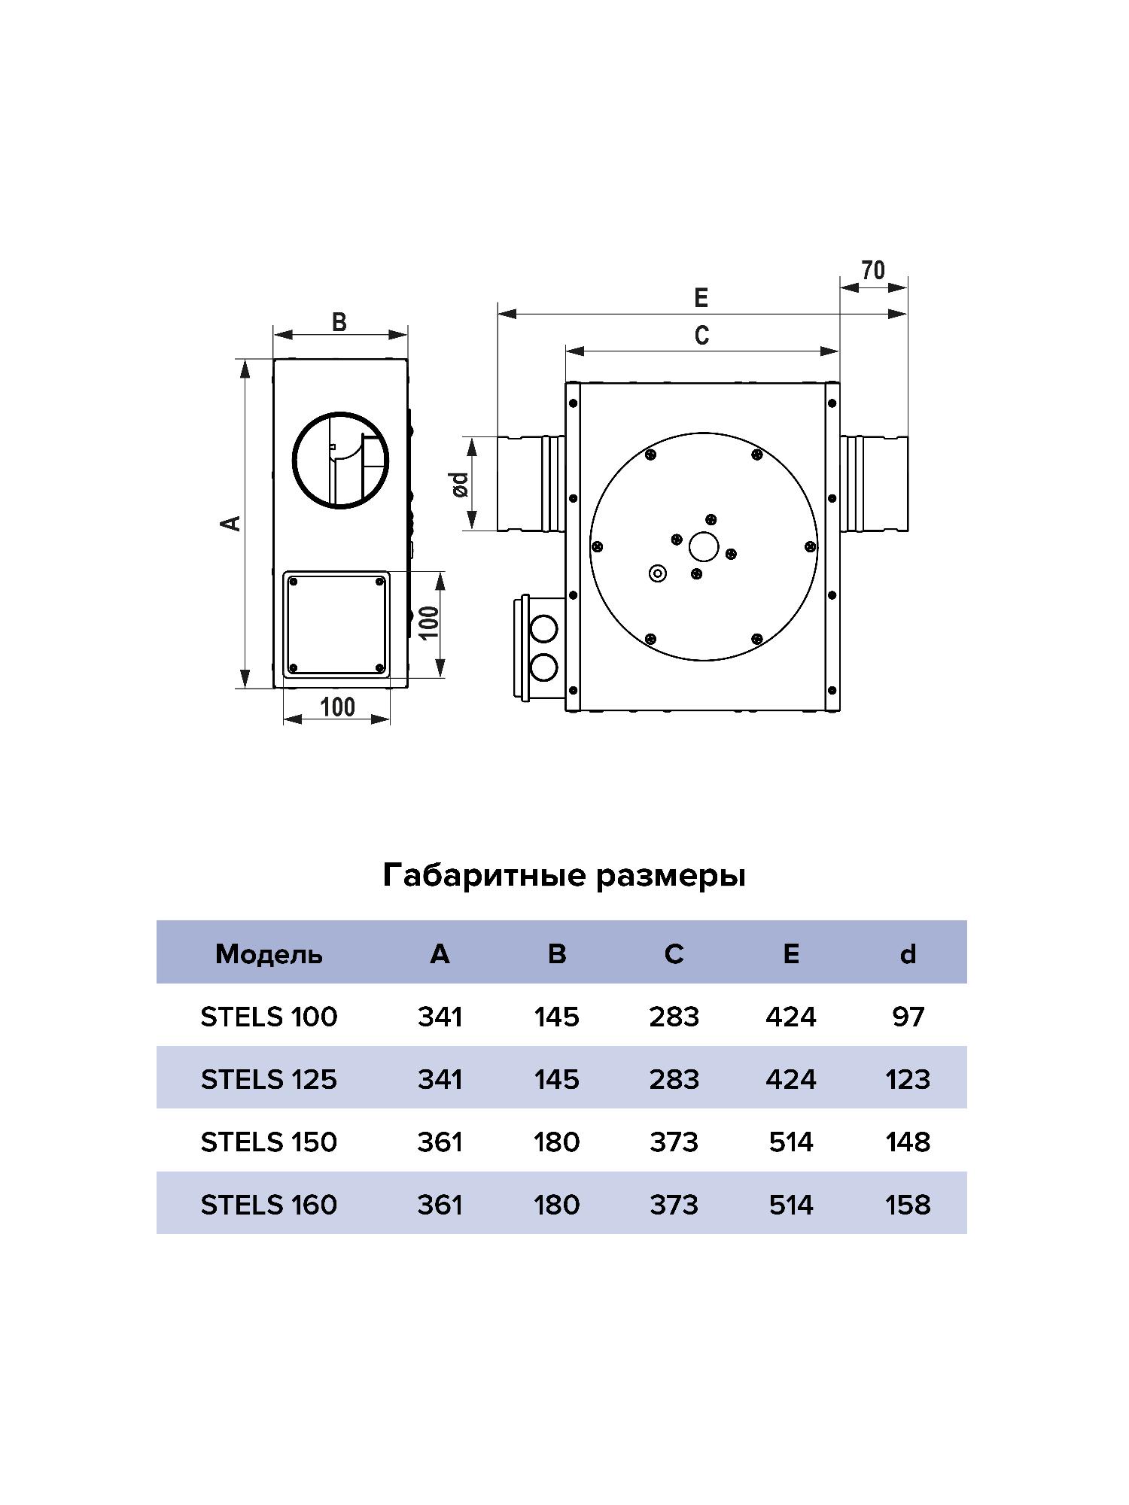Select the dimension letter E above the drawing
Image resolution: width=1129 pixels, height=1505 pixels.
point(701,298)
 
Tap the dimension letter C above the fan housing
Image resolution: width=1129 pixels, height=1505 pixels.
point(701,335)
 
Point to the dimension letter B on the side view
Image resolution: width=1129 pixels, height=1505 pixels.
point(339,322)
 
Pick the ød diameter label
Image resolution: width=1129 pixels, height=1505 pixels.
point(460,484)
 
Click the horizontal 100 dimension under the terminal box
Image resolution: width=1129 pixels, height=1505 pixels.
point(337,707)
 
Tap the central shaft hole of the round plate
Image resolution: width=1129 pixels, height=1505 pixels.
point(704,546)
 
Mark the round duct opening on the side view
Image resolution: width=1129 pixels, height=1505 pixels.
point(341,461)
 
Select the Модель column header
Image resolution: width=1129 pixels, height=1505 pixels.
point(269,954)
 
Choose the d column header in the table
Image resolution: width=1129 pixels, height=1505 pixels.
point(908,954)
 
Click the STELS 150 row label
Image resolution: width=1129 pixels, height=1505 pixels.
point(269,1142)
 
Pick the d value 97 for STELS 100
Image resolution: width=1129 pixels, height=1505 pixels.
point(908,1017)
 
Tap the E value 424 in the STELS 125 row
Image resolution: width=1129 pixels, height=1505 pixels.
point(790,1080)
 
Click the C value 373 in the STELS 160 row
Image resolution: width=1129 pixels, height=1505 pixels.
point(674,1205)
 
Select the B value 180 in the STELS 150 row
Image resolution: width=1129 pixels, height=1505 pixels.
point(557,1142)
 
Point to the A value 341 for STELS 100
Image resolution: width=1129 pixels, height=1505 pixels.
point(440,1017)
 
